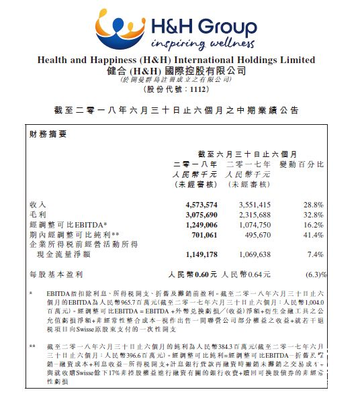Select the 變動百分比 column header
coord(302,164)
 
